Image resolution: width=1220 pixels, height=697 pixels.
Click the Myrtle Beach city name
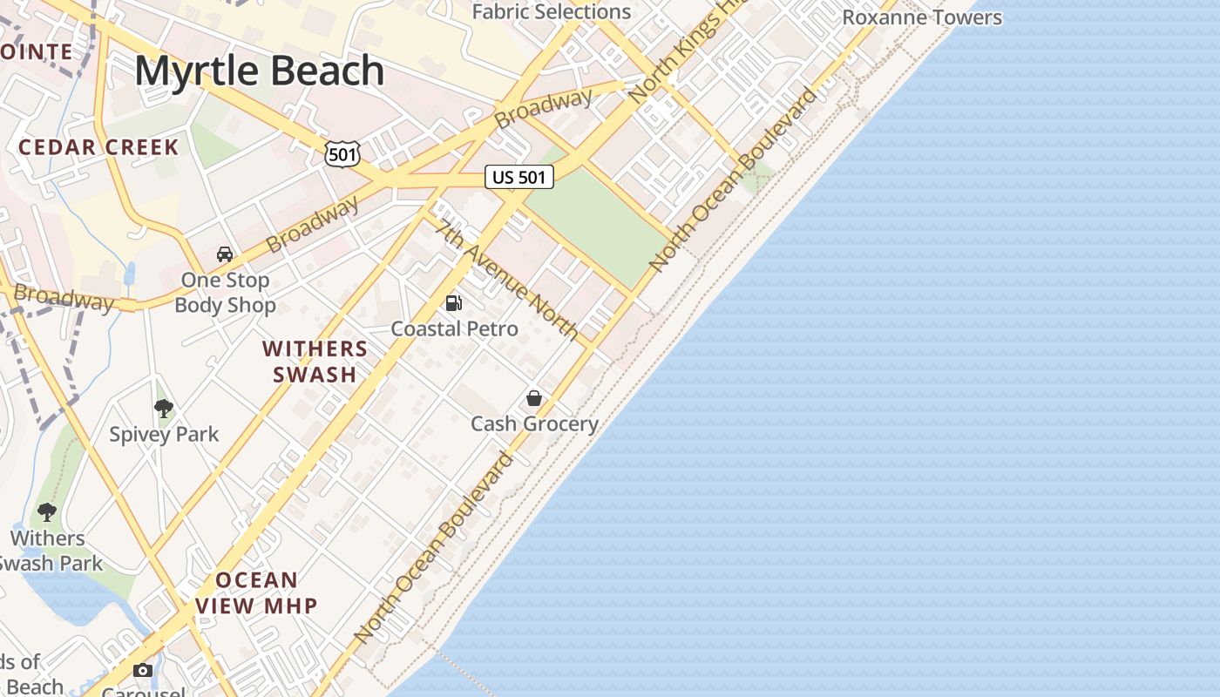click(x=259, y=71)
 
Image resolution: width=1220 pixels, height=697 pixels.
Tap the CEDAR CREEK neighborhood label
click(x=98, y=147)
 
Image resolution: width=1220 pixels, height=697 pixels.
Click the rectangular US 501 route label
click(x=519, y=178)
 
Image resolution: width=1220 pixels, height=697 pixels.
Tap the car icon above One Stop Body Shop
click(x=225, y=254)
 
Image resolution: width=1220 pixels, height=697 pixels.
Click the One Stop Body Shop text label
click(x=225, y=293)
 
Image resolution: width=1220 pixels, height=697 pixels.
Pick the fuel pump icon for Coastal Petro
click(x=453, y=303)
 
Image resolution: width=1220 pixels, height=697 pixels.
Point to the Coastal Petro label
click(x=454, y=329)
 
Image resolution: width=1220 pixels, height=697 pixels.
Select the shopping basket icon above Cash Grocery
click(x=534, y=398)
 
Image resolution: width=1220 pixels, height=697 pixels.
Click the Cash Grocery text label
click(x=534, y=424)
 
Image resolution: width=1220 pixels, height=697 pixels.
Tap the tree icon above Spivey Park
click(x=163, y=408)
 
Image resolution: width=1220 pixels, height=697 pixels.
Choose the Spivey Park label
click(x=164, y=434)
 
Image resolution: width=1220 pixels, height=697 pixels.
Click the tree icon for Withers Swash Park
click(x=47, y=512)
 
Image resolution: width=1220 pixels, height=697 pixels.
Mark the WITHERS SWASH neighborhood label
click(x=315, y=362)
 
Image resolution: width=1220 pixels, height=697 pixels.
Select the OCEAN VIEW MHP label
click(x=255, y=592)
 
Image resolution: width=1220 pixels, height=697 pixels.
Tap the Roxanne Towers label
click(x=922, y=17)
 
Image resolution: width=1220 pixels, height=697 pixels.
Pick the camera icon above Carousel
click(x=143, y=670)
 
